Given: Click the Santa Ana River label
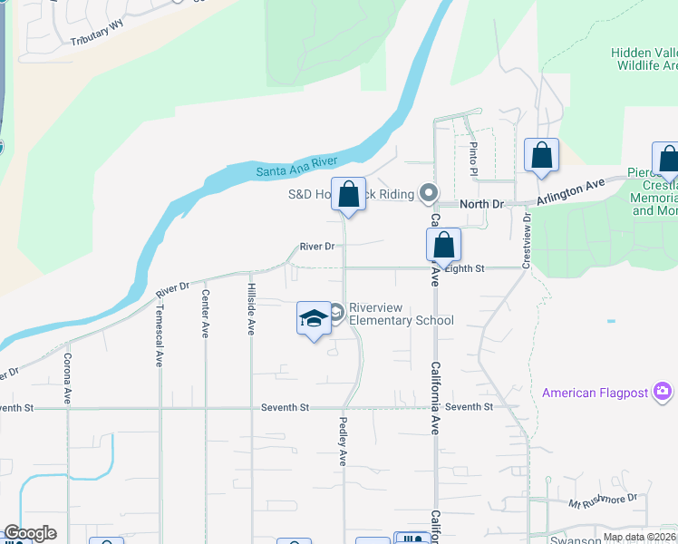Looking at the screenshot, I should pyautogui.click(x=296, y=166).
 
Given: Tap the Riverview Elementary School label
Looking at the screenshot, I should pyautogui.click(x=401, y=314).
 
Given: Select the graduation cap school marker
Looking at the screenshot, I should pyautogui.click(x=314, y=318).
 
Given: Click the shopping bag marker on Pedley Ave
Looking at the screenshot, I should pyautogui.click(x=348, y=194).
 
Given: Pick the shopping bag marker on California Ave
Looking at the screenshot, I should pyautogui.click(x=443, y=245).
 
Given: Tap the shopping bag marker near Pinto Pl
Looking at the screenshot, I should pyautogui.click(x=541, y=155).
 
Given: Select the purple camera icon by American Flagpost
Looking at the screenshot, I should pyautogui.click(x=663, y=391).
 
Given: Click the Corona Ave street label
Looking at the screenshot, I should pyautogui.click(x=67, y=379).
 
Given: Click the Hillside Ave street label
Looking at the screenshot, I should pyautogui.click(x=251, y=307).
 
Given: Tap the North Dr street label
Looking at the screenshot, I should pyautogui.click(x=481, y=205).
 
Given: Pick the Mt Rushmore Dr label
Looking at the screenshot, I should pyautogui.click(x=604, y=501).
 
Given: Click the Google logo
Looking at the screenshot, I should pyautogui.click(x=31, y=533).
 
